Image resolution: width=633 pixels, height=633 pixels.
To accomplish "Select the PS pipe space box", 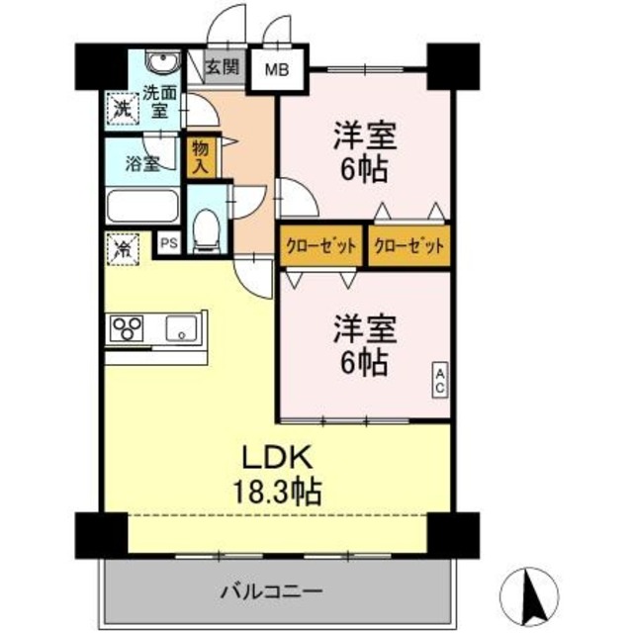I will [x=168, y=240].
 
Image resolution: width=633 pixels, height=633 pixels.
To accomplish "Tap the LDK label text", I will [x=278, y=457].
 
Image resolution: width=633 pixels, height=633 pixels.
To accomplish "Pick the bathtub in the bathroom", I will [x=142, y=209].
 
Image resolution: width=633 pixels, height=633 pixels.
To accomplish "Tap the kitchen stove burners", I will [x=129, y=327].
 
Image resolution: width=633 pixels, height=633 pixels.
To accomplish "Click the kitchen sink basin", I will [x=183, y=327].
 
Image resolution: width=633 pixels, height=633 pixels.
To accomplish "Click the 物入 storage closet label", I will [x=200, y=157].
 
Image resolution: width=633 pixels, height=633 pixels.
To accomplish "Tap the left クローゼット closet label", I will [x=321, y=246].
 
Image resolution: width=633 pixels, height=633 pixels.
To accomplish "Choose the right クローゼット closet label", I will [x=407, y=246].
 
